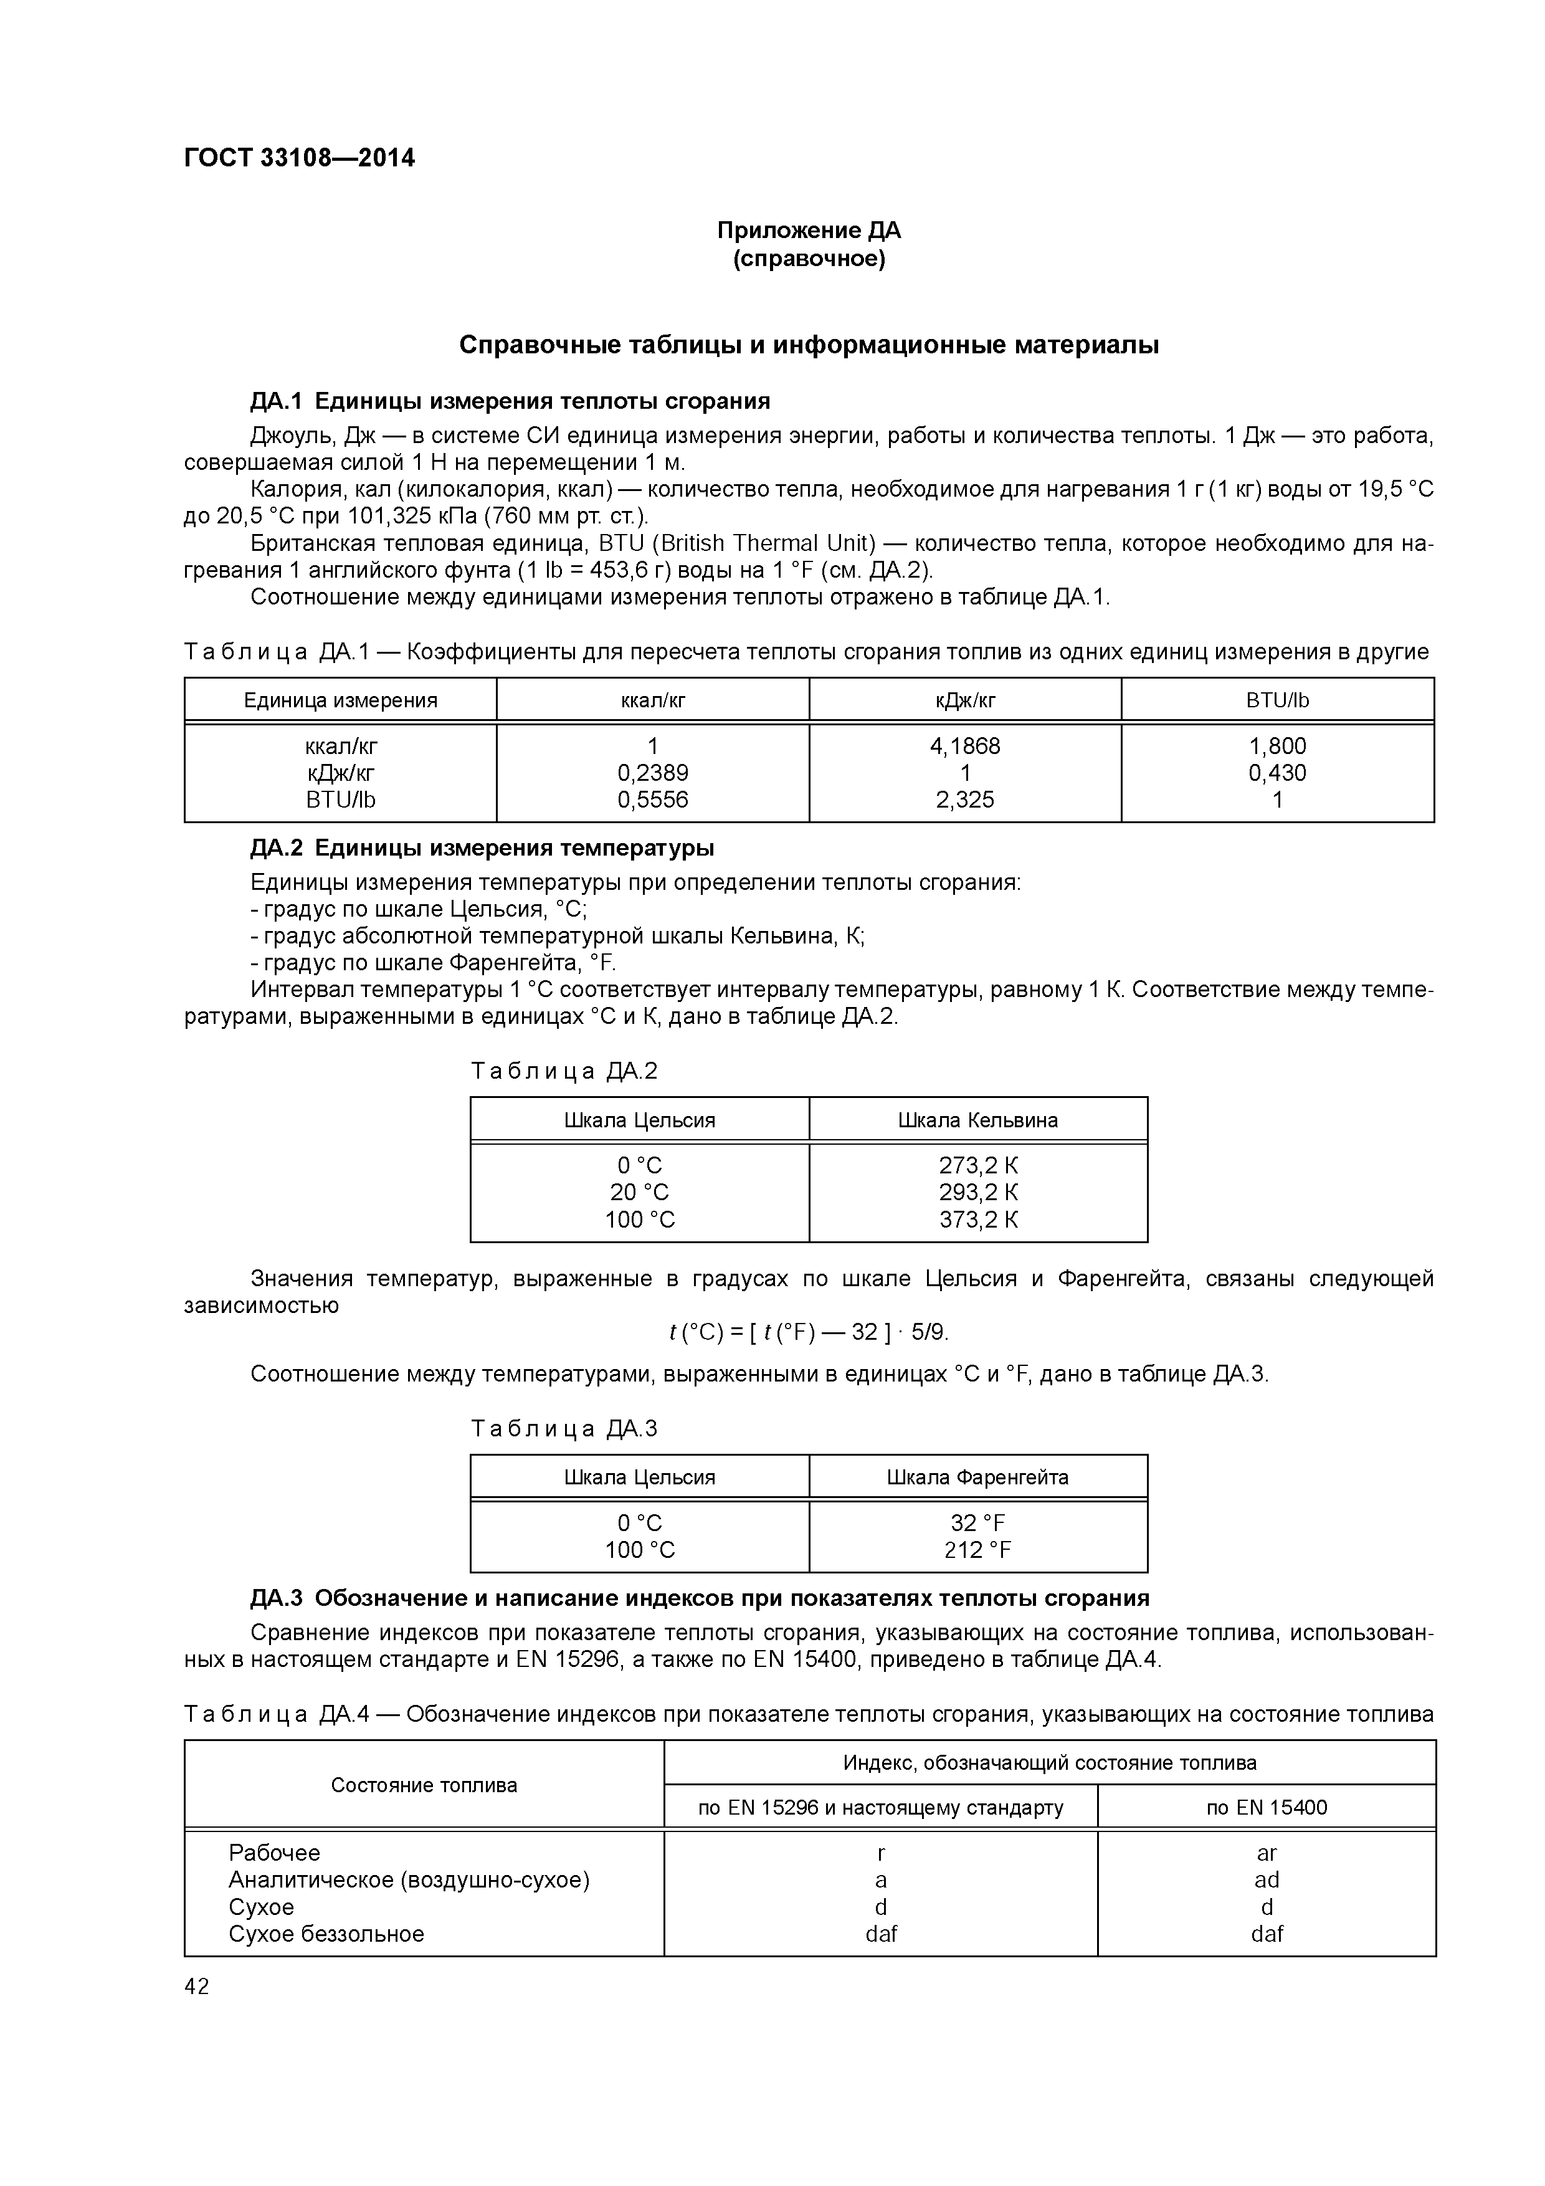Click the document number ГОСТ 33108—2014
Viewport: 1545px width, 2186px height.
point(299,158)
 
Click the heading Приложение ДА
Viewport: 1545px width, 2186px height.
point(808,231)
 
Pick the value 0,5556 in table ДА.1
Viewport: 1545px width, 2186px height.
point(652,799)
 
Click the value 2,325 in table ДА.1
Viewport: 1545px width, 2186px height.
point(964,799)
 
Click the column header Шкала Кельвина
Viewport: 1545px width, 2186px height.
point(977,1120)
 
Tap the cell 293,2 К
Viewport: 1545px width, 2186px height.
point(977,1192)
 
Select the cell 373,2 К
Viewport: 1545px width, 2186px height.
point(977,1219)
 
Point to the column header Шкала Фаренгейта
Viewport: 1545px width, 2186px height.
point(977,1477)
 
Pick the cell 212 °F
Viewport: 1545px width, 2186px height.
point(977,1550)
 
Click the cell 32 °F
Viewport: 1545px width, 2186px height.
point(977,1524)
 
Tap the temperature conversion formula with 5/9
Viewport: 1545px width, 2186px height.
point(808,1332)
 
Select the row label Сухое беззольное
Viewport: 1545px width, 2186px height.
point(326,1934)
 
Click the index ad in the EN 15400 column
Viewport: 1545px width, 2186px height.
point(1266,1879)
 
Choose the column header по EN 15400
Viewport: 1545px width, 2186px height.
point(1266,1807)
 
